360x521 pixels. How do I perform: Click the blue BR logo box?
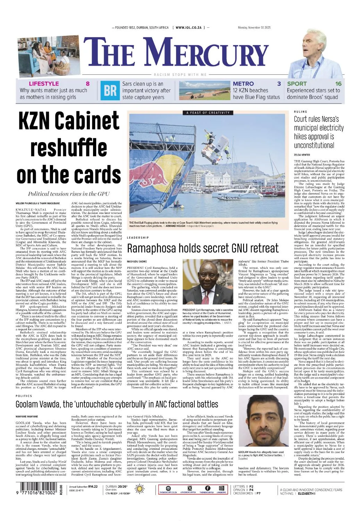click(110, 91)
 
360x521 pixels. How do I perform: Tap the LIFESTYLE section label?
click(44, 84)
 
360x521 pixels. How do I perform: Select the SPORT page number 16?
click(338, 84)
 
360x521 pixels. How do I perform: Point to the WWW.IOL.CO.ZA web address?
click(190, 27)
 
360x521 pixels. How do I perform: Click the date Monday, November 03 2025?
click(254, 28)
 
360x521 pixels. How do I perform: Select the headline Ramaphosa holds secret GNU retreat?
click(203, 248)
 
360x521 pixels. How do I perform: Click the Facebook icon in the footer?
click(207, 488)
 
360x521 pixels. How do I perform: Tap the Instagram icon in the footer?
click(221, 488)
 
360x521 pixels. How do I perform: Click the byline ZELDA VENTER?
click(302, 155)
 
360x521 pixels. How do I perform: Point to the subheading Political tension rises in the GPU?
click(69, 194)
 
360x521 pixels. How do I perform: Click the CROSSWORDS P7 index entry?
click(247, 494)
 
